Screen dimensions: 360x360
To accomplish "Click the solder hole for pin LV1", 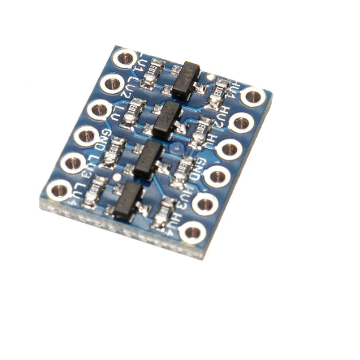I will point(125,58).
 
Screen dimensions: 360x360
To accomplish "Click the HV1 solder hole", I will point(253,96).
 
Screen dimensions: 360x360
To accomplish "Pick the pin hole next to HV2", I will point(241,123).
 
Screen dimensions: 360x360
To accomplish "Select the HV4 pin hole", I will point(193,232).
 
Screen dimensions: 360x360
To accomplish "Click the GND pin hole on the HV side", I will point(217,176).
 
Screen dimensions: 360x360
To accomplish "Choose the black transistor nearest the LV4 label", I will point(127,200).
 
